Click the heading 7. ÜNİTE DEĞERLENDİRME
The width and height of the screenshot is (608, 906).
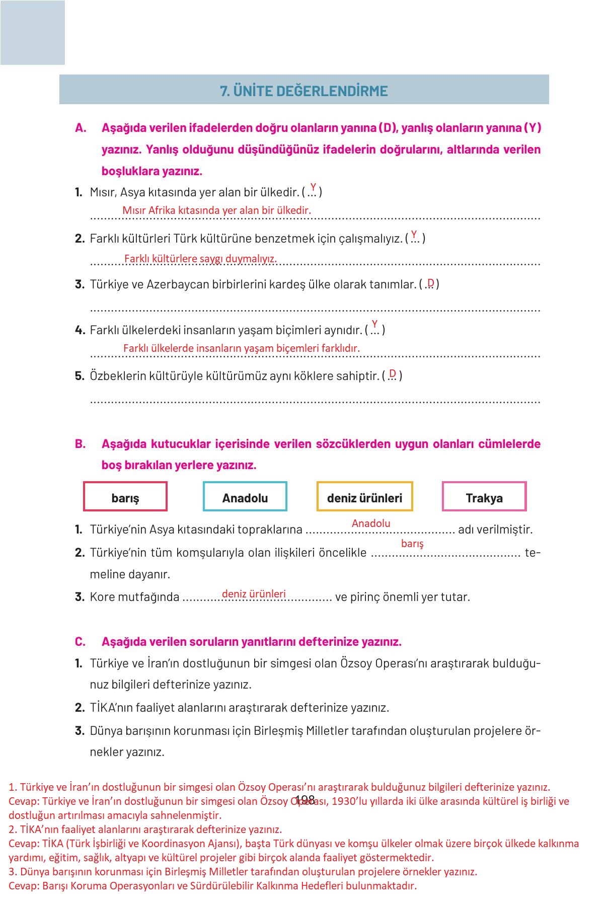point(304,91)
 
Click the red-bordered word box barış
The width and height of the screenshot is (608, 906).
point(125,497)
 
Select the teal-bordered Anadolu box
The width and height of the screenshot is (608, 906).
point(245,497)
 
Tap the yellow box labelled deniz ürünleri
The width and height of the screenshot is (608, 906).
point(364,497)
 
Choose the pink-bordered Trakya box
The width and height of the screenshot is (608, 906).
point(484,497)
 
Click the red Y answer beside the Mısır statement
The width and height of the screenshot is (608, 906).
point(313,187)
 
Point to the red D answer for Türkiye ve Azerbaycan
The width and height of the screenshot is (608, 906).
point(430,283)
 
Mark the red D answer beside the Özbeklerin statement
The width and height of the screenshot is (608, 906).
point(393,373)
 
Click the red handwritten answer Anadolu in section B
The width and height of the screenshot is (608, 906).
point(371,523)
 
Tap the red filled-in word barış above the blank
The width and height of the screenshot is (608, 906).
point(412,544)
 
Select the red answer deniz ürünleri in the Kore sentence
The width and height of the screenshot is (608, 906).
point(254,594)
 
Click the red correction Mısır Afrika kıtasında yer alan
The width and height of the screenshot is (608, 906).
point(216,210)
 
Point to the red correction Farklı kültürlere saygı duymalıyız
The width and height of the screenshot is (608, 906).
point(200,259)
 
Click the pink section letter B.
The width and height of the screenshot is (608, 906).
point(80,444)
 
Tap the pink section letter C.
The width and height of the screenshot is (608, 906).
point(80,642)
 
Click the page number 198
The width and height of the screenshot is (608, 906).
point(306,800)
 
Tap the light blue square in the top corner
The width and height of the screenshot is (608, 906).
point(33,33)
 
